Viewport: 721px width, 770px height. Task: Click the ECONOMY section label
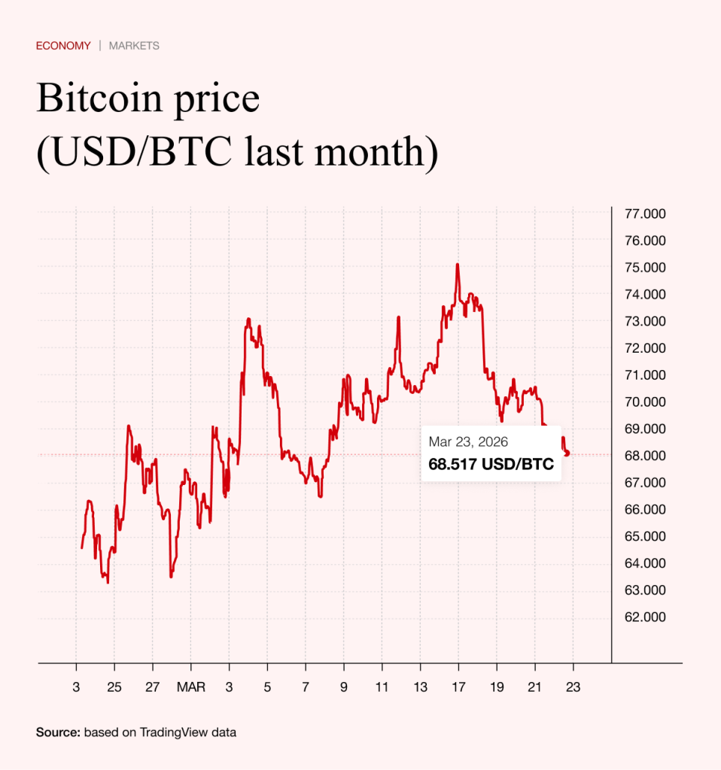63,46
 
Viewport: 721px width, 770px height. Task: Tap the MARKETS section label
134,46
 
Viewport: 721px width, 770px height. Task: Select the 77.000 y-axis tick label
645,214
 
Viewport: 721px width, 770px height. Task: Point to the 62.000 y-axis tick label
645,617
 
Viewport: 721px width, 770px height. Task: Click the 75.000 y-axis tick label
645,268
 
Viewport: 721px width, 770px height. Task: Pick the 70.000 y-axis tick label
645,402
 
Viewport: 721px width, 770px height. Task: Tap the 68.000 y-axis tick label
645,456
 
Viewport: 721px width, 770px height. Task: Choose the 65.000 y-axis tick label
645,537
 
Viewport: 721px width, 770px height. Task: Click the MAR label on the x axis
190,687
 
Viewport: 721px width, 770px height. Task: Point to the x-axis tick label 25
114,687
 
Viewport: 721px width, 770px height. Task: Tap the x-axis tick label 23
573,687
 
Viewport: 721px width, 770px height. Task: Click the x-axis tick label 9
343,687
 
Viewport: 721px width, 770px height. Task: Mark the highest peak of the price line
457,265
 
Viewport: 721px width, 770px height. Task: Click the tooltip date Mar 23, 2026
468,441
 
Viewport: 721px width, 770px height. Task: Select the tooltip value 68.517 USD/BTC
491,465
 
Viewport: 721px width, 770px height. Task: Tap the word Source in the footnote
57,732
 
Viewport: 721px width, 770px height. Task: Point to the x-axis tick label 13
420,687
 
